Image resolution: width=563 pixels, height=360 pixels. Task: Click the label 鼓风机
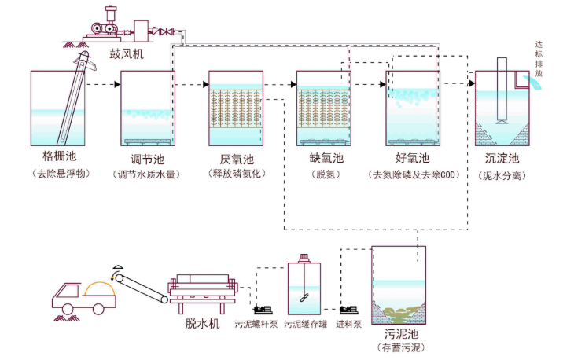[x=127, y=53]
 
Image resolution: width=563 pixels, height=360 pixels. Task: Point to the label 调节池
[x=147, y=158]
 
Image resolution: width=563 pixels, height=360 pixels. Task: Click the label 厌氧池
[x=235, y=158]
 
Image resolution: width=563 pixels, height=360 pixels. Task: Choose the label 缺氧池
[x=323, y=158]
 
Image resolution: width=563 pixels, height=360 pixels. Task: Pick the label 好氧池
[x=410, y=158]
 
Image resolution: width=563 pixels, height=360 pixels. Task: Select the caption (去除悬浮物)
[x=59, y=173]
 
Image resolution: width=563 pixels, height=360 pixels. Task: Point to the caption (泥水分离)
[x=502, y=174]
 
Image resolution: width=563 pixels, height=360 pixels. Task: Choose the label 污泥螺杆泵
[x=256, y=323]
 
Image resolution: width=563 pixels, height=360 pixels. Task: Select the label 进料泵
[x=349, y=323]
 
